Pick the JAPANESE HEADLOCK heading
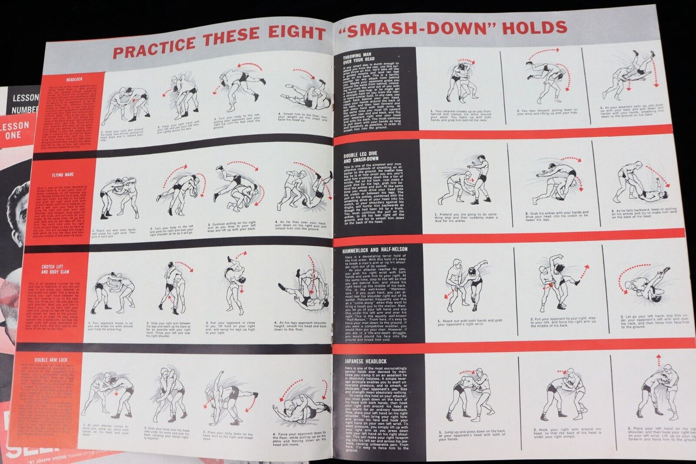pos(366,361)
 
